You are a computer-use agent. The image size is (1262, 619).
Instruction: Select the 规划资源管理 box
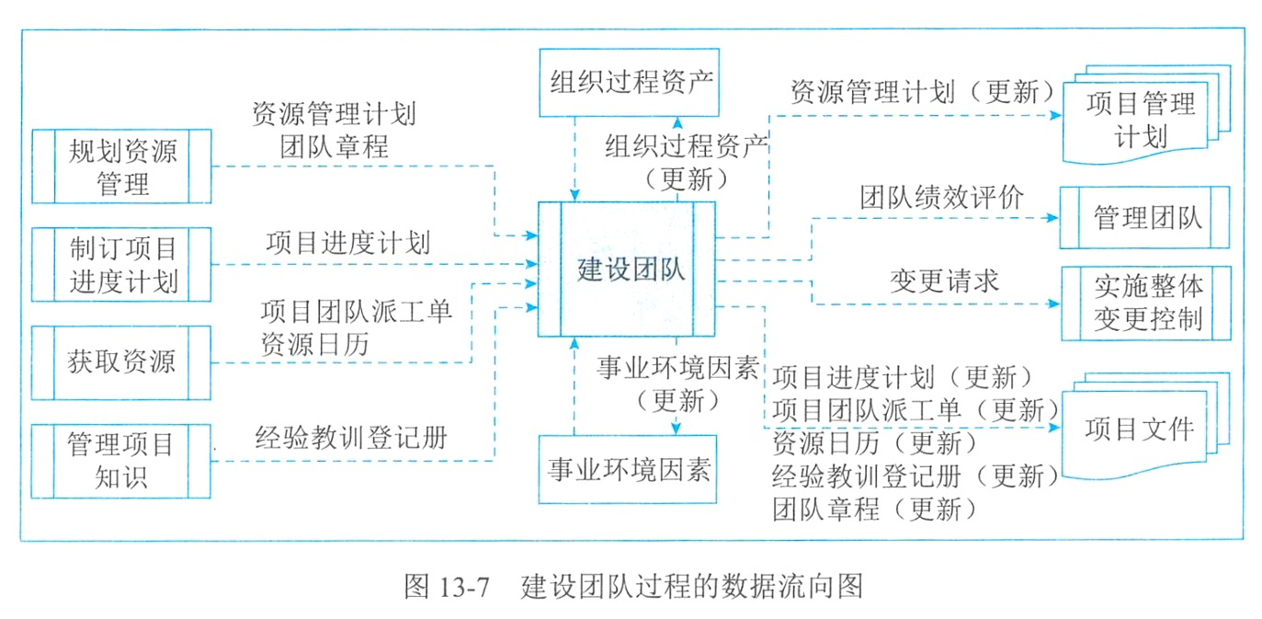[x=121, y=166]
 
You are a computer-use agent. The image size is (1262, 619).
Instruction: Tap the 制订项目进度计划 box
[x=121, y=265]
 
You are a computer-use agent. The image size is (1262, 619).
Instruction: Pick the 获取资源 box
[x=121, y=361]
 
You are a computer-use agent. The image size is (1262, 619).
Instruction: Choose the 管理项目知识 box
[x=121, y=461]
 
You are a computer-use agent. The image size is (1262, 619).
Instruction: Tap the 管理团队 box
[x=1145, y=218]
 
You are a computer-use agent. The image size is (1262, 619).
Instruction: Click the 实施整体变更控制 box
[x=1145, y=303]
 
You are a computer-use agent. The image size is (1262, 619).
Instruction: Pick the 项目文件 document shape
[x=1140, y=429]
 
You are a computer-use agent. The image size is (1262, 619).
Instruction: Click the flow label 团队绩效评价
[x=941, y=197]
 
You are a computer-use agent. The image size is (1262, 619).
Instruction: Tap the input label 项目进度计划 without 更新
[x=347, y=243]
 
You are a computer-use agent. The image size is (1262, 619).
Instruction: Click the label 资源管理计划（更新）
[x=919, y=92]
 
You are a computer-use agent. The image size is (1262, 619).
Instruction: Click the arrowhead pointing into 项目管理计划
[x=1056, y=116]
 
